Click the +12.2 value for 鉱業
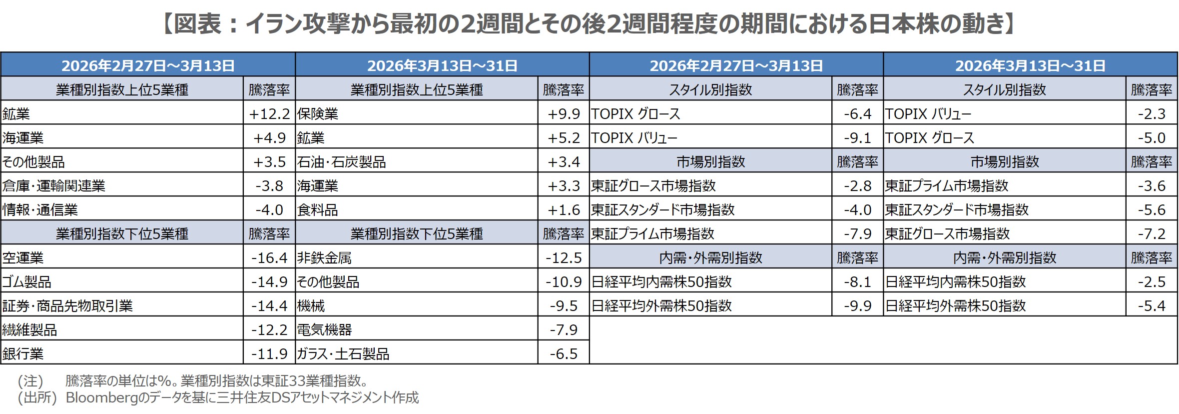point(269,114)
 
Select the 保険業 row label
point(318,114)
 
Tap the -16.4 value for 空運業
point(269,258)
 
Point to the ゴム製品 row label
point(27,282)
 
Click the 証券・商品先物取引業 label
point(68,306)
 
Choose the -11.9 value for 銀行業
point(269,354)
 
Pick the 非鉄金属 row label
point(325,258)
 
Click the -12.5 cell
point(564,258)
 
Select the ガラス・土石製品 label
point(343,354)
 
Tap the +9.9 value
point(564,114)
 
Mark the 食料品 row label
point(318,210)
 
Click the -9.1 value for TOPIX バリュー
point(857,138)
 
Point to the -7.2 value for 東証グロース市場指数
point(1152,234)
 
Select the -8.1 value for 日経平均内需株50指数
point(857,282)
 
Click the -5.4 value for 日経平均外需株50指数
point(1152,306)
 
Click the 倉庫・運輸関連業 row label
point(54,186)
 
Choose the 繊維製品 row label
point(30,330)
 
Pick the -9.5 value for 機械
point(564,306)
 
